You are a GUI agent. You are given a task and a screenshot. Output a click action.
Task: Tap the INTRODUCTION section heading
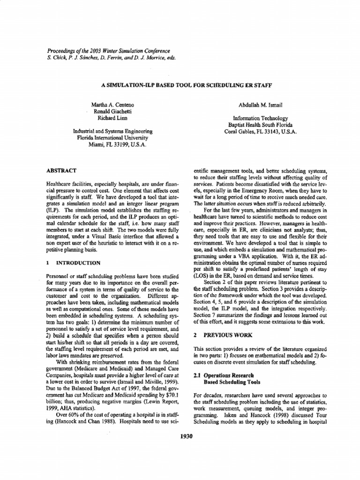click(x=76, y=263)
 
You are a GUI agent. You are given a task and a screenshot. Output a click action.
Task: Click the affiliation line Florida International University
click(x=112, y=138)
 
